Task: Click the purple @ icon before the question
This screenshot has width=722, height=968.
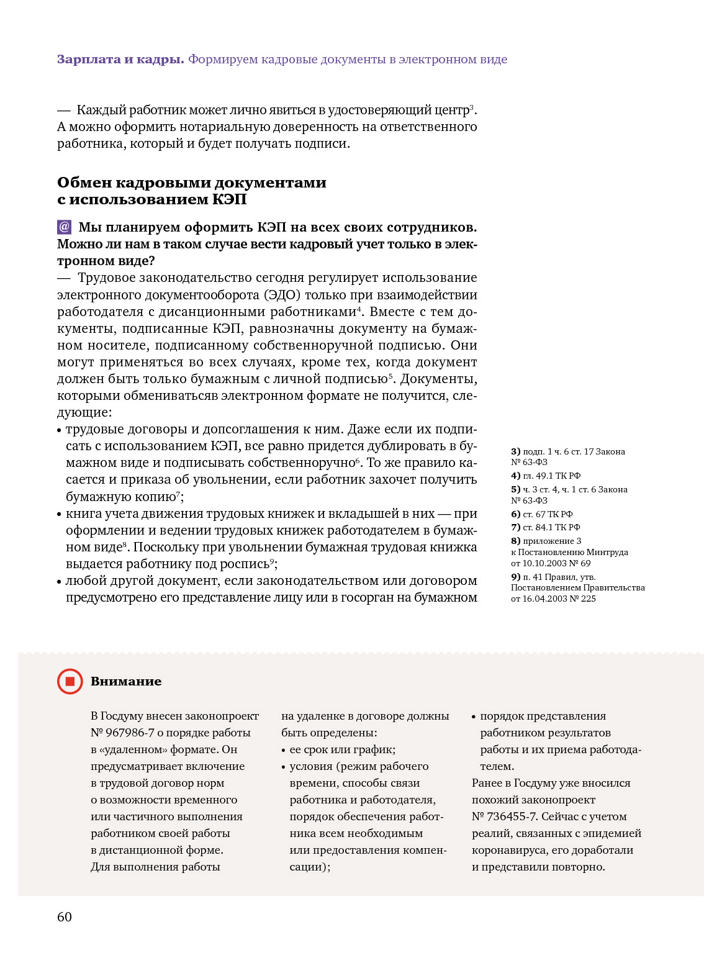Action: point(65,227)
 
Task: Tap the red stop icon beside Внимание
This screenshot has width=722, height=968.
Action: point(70,681)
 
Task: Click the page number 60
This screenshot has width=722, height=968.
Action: point(65,917)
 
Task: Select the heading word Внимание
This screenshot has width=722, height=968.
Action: point(126,681)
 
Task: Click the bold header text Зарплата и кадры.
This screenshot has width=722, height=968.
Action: point(120,60)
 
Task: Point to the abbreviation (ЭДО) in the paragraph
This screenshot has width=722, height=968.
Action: point(282,295)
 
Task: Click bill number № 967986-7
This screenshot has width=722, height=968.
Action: point(122,733)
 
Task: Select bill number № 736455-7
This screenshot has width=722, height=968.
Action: point(503,816)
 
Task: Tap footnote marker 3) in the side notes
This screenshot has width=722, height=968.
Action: point(515,451)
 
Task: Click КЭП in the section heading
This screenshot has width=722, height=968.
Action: point(229,199)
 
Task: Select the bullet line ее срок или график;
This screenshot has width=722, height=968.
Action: point(342,749)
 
